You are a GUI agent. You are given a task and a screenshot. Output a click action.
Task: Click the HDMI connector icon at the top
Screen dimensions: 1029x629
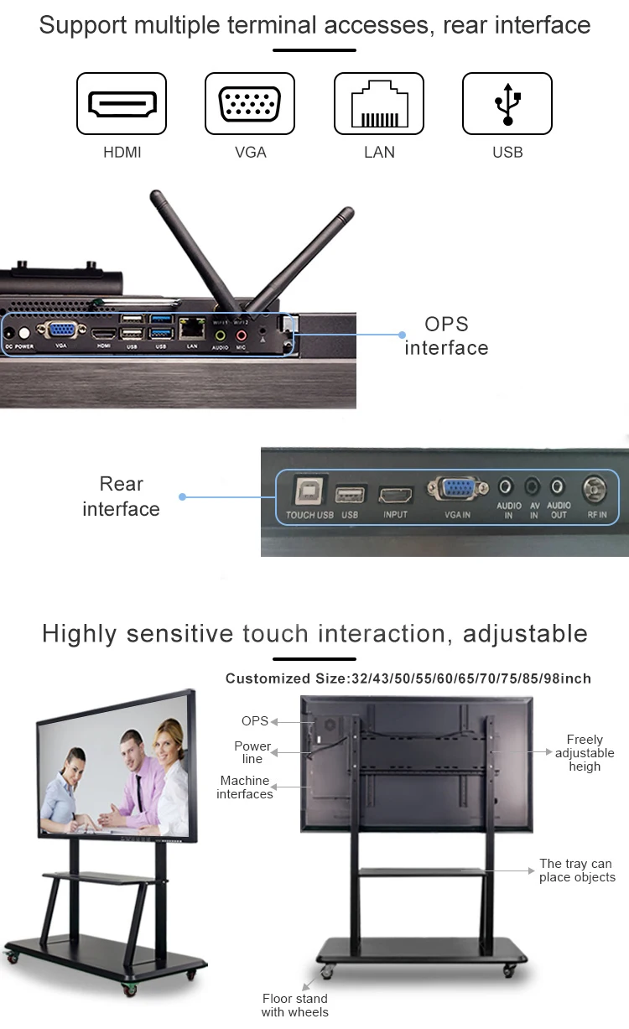[x=122, y=103]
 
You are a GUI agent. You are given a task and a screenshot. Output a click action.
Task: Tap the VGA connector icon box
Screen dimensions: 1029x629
[x=250, y=103]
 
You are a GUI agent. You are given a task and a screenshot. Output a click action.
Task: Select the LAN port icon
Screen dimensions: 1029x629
[x=379, y=103]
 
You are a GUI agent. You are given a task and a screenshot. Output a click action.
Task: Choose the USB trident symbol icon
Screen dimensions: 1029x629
[x=507, y=103]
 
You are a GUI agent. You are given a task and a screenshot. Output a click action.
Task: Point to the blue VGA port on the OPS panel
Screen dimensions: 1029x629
[x=60, y=330]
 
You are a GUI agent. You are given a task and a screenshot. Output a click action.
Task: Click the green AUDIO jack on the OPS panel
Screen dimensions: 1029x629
[x=221, y=334]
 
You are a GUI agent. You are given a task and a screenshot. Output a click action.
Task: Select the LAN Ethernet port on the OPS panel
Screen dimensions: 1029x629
[x=192, y=328]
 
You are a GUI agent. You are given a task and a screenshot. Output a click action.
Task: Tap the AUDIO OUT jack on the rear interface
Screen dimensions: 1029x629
[x=559, y=486]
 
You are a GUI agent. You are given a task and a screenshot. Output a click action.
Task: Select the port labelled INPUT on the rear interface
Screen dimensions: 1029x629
[x=396, y=495]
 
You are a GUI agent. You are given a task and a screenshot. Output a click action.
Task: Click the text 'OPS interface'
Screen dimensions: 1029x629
[x=446, y=336]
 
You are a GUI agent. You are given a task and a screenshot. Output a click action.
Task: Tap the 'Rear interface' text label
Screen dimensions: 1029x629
[x=121, y=496]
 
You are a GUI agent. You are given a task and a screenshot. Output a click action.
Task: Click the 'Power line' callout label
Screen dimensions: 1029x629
[x=252, y=752]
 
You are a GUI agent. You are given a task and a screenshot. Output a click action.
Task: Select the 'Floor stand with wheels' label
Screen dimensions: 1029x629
[x=294, y=1005]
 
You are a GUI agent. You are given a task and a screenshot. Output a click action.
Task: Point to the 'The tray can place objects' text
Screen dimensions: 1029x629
[x=577, y=870]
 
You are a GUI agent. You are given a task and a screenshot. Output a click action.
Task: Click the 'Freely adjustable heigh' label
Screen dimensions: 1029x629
[x=585, y=753]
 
